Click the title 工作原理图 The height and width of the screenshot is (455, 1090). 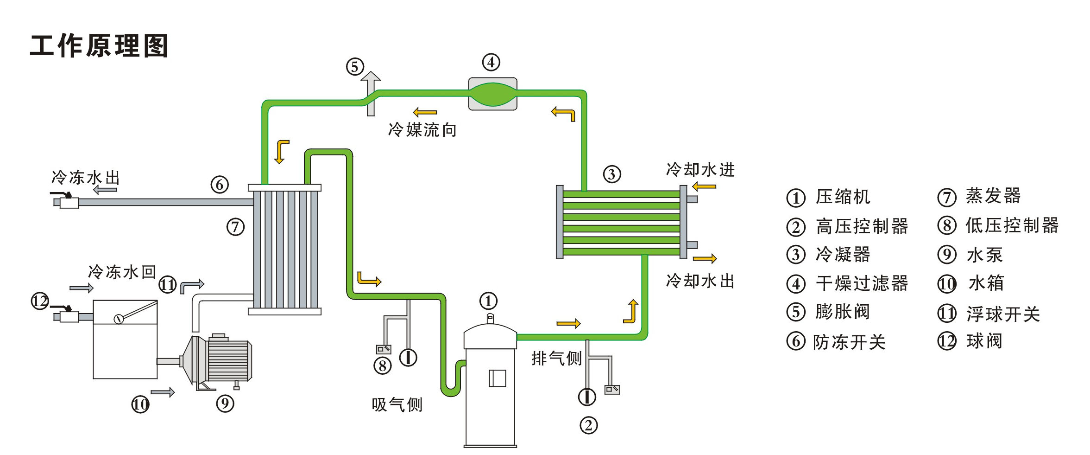click(x=99, y=46)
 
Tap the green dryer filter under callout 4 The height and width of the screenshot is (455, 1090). click(x=492, y=94)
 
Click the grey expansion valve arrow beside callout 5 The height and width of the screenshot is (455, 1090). click(x=371, y=92)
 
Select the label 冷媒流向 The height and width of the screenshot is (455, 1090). click(x=422, y=130)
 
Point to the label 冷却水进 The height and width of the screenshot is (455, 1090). click(x=700, y=170)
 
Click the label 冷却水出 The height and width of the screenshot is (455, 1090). click(x=700, y=281)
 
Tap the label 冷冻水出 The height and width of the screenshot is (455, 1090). click(x=86, y=177)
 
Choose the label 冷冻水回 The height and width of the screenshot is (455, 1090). click(x=122, y=272)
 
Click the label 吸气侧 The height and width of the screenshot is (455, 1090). click(x=397, y=404)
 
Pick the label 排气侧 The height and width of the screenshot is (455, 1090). click(x=556, y=358)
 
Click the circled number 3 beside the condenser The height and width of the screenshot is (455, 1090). click(x=612, y=174)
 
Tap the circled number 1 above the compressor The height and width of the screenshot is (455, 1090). click(x=488, y=301)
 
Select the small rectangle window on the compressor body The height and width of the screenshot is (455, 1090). click(x=498, y=378)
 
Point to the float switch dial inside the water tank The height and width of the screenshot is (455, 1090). click(x=119, y=319)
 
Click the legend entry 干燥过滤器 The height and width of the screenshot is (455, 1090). click(x=862, y=283)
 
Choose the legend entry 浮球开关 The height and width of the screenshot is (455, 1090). click(x=1003, y=314)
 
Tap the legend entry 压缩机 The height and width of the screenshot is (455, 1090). click(x=843, y=197)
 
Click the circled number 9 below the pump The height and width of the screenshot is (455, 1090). click(x=225, y=403)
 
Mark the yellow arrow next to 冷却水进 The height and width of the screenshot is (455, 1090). click(x=704, y=186)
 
